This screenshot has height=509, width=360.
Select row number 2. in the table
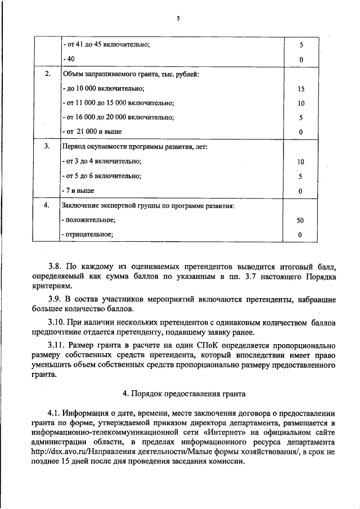(x=47, y=74)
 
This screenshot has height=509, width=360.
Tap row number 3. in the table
(x=47, y=146)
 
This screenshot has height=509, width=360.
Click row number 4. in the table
(x=47, y=205)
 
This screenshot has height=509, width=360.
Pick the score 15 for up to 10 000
(x=301, y=88)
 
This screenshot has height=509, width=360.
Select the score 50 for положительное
(x=301, y=220)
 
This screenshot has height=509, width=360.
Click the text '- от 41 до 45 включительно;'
(x=106, y=44)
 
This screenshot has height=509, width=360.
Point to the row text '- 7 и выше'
(x=78, y=191)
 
